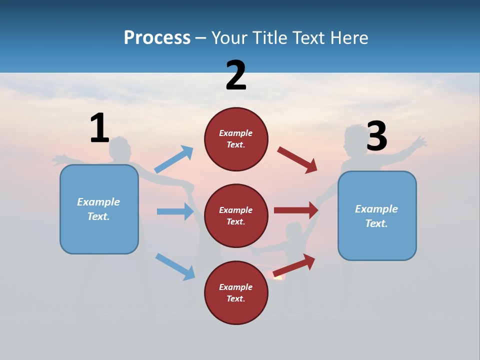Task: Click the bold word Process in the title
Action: tap(157, 38)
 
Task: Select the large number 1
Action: tap(99, 128)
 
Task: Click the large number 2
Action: tap(236, 75)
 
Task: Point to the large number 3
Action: tap(376, 136)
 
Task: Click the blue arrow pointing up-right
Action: tap(174, 159)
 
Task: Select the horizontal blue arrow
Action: tap(175, 211)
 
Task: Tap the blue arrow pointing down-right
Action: tap(175, 266)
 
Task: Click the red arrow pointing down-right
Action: tap(297, 160)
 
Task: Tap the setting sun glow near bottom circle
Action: tap(278, 276)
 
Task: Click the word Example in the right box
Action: tap(376, 209)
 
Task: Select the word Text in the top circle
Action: tap(235, 145)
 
